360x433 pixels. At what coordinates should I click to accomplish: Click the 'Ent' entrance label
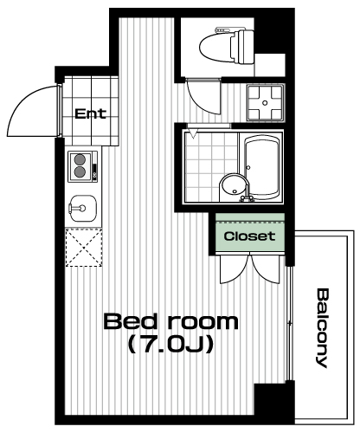click(91, 113)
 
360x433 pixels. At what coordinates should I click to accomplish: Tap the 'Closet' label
click(249, 236)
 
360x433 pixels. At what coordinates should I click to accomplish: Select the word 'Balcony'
click(321, 328)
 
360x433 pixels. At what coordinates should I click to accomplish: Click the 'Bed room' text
click(171, 321)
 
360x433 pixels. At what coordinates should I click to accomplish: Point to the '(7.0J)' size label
click(171, 344)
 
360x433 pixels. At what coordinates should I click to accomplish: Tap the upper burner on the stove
click(80, 159)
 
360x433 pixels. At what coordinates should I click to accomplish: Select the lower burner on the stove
click(80, 172)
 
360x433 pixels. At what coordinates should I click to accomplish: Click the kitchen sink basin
click(83, 209)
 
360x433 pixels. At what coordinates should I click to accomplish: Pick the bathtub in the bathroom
click(262, 166)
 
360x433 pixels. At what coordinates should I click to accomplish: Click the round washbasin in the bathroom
click(233, 187)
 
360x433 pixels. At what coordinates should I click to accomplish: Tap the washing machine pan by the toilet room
click(266, 103)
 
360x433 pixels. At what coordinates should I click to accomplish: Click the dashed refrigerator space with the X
click(84, 247)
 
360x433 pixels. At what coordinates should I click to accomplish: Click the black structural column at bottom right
click(274, 403)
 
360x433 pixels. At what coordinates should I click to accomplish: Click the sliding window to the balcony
click(289, 323)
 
